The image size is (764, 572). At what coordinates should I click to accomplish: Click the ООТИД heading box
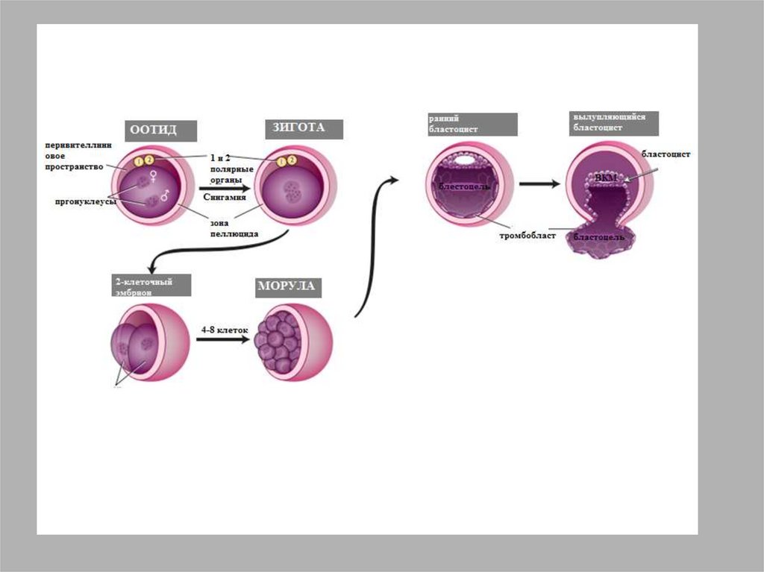[x=160, y=131]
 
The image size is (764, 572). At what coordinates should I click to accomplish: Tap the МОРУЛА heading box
[x=286, y=287]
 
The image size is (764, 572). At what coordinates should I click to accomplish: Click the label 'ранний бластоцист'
[x=472, y=124]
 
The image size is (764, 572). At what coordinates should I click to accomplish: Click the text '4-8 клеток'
[x=223, y=327]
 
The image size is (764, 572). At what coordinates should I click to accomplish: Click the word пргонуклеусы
[x=82, y=201]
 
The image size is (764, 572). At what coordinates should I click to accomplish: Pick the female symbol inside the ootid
[x=154, y=177]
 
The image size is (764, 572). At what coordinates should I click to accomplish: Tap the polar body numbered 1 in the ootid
[x=138, y=161]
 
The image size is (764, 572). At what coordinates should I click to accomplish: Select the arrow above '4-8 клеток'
[x=222, y=340]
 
